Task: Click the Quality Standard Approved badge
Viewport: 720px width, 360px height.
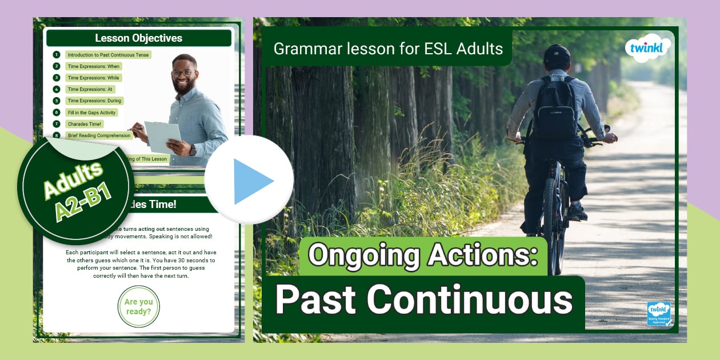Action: click(x=658, y=314)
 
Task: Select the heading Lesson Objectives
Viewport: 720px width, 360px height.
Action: click(x=139, y=38)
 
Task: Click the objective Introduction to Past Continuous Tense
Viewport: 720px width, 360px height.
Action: click(x=108, y=55)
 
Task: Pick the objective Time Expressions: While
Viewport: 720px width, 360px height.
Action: click(x=94, y=78)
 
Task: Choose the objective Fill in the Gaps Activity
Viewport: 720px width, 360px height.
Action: click(x=91, y=113)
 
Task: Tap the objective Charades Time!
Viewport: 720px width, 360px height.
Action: click(x=85, y=124)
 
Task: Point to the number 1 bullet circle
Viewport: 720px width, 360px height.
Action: click(x=57, y=55)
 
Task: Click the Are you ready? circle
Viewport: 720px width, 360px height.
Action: click(x=138, y=307)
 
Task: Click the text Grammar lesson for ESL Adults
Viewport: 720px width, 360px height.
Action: click(x=388, y=49)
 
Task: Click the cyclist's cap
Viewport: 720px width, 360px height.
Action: click(x=557, y=55)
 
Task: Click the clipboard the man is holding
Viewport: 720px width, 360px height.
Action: click(x=162, y=137)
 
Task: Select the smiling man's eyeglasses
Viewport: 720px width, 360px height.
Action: click(x=182, y=73)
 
